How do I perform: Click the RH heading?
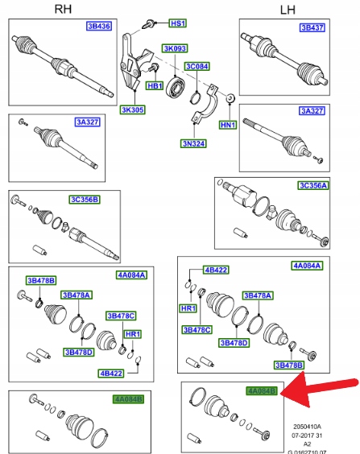click(63, 9)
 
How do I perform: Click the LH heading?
click(288, 10)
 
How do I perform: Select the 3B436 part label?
click(99, 26)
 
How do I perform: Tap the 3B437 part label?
click(312, 27)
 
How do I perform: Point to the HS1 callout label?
click(178, 23)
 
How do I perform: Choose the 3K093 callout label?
click(175, 48)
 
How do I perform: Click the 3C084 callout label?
click(197, 66)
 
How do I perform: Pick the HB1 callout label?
click(155, 85)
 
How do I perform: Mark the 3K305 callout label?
click(133, 109)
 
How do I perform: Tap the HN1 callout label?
click(228, 125)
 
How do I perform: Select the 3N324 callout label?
click(193, 143)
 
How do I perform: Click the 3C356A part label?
click(313, 185)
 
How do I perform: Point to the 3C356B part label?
click(85, 200)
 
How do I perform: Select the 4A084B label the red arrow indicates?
click(262, 391)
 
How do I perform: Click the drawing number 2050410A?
click(307, 427)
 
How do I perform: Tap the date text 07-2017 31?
click(307, 435)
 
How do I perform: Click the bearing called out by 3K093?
click(176, 85)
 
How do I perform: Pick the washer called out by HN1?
click(230, 98)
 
